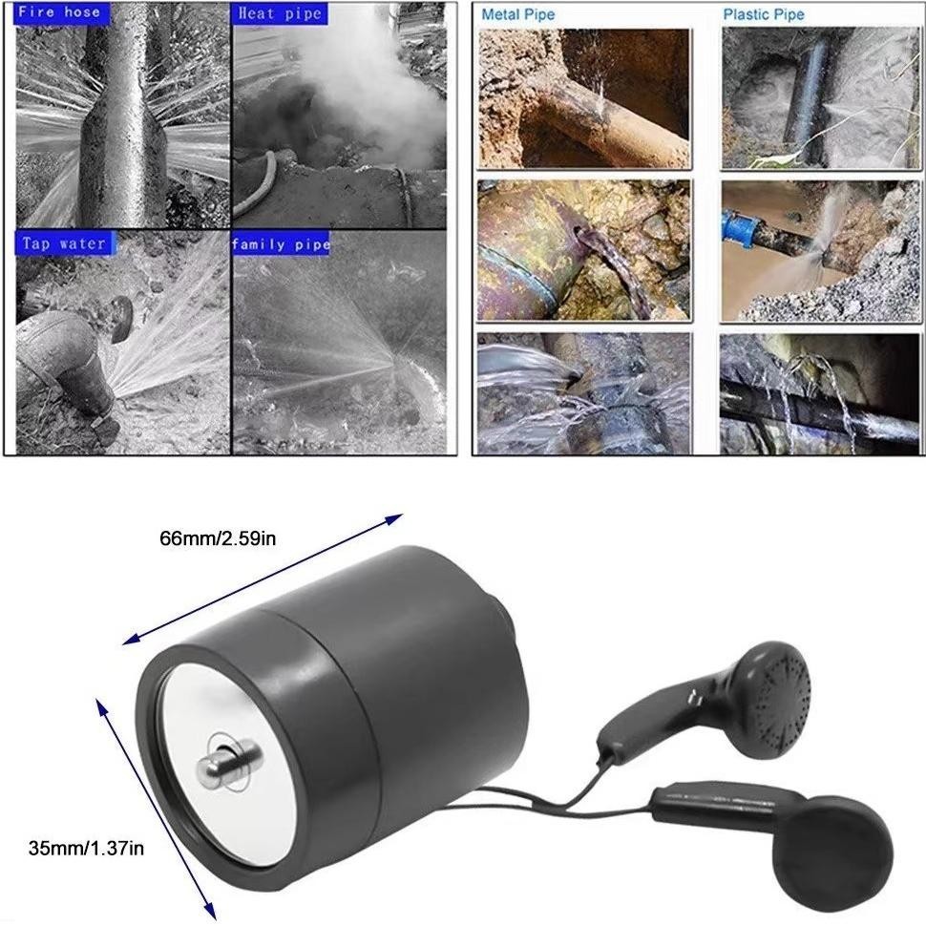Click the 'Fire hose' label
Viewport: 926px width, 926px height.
[x=59, y=12]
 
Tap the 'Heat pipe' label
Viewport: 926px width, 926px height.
[x=280, y=13]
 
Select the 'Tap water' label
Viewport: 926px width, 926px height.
[x=64, y=243]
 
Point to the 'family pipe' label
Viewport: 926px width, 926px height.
[x=281, y=243]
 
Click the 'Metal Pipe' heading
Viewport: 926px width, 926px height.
[x=518, y=14]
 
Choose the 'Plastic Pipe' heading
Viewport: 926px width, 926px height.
[x=764, y=14]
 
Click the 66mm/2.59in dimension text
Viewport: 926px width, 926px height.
[x=218, y=538]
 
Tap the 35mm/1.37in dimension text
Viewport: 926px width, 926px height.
[x=86, y=849]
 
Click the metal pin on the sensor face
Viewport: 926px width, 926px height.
[x=227, y=761]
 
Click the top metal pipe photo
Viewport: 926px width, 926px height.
[x=584, y=98]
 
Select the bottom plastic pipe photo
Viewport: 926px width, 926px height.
[x=820, y=394]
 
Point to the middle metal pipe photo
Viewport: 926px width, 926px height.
[x=584, y=250]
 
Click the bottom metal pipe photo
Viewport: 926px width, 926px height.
[x=584, y=394]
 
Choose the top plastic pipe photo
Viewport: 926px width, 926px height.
[x=821, y=98]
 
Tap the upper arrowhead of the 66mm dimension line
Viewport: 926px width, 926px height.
[x=394, y=519]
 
